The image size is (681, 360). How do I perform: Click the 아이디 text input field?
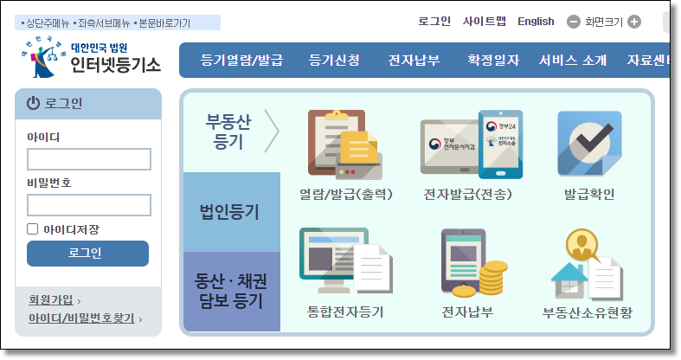click(89, 159)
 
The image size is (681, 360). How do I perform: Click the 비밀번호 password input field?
click(89, 205)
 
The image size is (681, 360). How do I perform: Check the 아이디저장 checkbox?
click(33, 229)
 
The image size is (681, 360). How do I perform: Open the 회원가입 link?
click(51, 300)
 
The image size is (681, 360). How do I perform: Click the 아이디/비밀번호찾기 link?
click(81, 318)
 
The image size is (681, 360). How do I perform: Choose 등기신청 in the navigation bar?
click(334, 61)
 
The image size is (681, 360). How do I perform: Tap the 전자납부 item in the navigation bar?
click(414, 61)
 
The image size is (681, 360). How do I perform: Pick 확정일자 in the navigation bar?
click(493, 61)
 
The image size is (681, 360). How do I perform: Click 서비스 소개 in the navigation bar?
click(572, 61)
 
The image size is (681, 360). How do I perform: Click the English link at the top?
click(536, 22)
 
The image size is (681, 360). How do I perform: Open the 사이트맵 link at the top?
click(485, 22)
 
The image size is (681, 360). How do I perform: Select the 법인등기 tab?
click(229, 212)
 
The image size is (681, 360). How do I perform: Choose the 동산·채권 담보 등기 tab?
click(229, 292)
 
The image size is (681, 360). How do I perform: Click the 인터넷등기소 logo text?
click(115, 64)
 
